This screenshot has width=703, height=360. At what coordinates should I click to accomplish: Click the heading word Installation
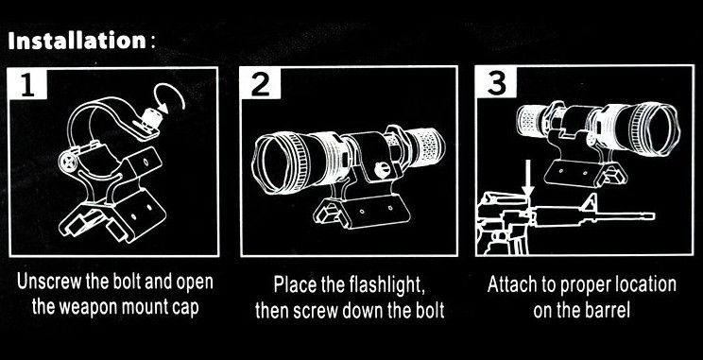(77, 41)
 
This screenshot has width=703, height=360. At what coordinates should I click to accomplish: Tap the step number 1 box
(27, 84)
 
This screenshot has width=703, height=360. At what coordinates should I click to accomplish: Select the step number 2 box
(261, 83)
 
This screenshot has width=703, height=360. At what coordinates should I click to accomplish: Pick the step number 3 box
(496, 82)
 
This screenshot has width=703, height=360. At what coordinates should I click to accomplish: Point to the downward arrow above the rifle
(528, 178)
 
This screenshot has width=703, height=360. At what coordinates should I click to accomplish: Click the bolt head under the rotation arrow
(151, 119)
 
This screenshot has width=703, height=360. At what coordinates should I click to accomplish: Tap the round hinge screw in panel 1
(67, 161)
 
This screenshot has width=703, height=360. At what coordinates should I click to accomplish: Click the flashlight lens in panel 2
(274, 163)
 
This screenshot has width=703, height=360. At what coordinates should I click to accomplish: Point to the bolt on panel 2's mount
(380, 169)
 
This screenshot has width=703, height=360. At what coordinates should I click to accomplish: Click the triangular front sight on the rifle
(589, 204)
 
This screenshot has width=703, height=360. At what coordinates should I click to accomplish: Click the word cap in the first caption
(184, 310)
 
